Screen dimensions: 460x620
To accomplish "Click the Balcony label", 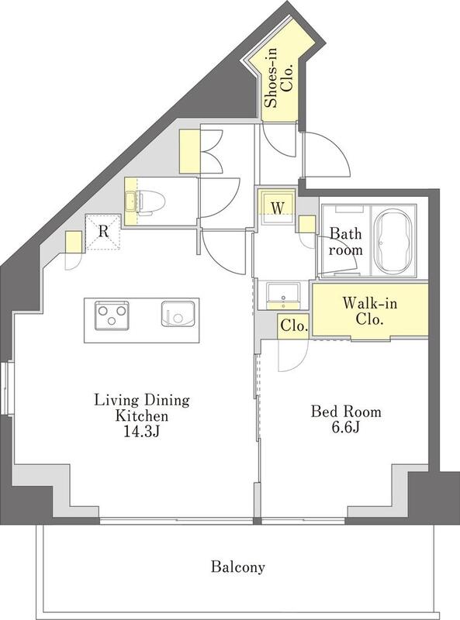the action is [237, 567].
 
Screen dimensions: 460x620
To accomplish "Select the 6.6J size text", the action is [346, 428].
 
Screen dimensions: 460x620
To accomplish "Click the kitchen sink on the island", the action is [178, 314].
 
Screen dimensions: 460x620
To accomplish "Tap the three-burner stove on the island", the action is [112, 315].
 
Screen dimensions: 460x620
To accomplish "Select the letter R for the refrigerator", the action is [103, 231].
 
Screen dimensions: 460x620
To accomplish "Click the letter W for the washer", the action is [278, 207].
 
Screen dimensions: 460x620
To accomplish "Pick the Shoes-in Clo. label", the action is [278, 77].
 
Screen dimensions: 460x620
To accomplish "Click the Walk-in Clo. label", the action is [370, 311].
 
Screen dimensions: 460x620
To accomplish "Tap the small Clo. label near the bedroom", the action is [294, 325].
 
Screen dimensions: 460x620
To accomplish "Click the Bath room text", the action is [346, 241].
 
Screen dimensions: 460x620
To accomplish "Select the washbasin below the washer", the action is [282, 295].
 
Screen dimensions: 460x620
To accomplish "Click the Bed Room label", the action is [346, 412].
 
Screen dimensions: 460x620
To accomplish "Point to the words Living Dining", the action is [142, 400].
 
